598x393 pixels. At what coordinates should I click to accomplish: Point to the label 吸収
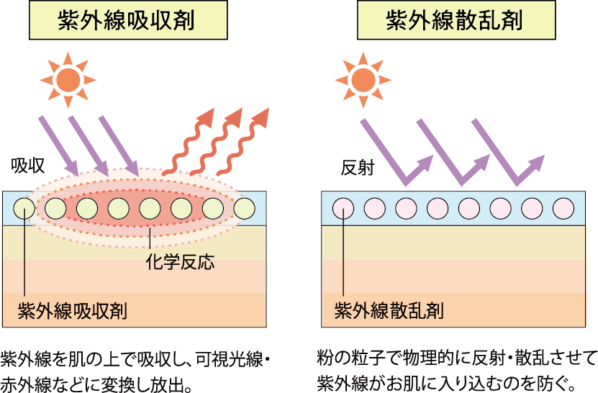point(27,168)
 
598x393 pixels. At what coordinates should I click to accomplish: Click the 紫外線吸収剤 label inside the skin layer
point(72,311)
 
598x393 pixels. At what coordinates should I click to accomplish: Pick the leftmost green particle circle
point(24,209)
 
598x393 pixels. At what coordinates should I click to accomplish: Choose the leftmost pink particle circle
point(343,209)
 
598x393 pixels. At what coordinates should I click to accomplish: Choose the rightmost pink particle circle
point(563,209)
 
